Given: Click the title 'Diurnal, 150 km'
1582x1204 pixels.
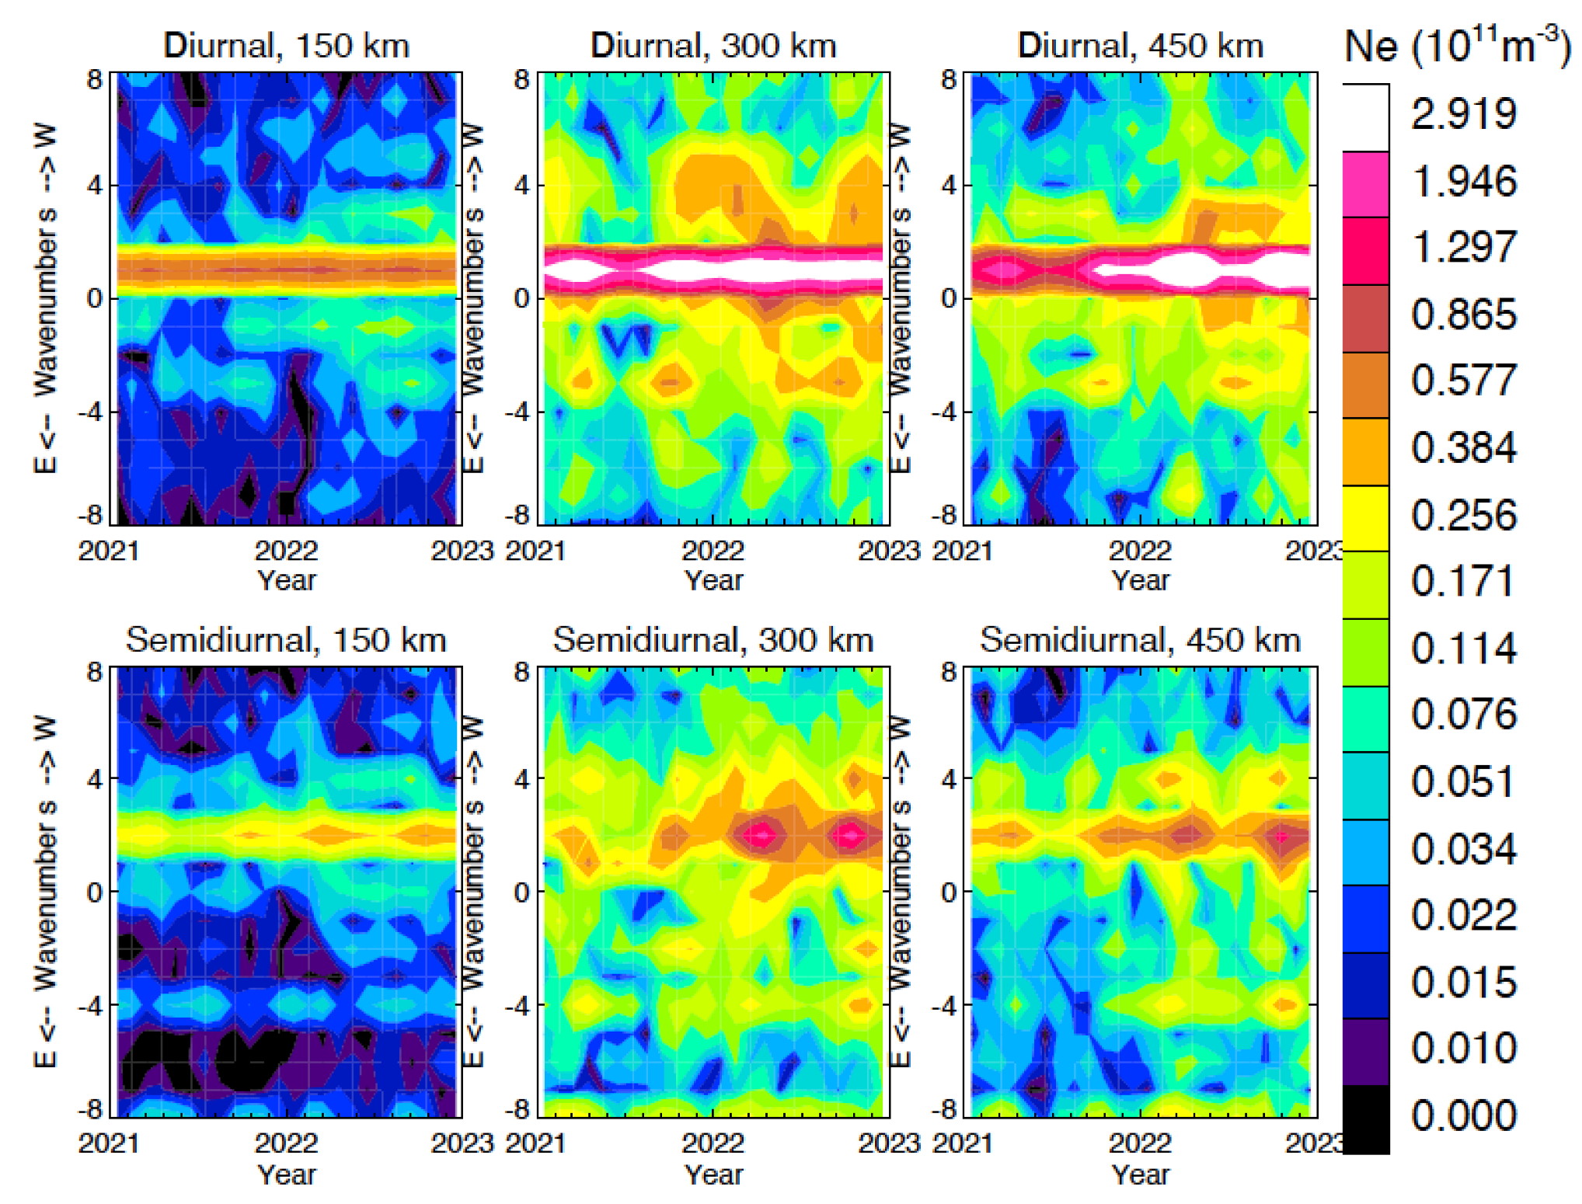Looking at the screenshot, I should pyautogui.click(x=286, y=45).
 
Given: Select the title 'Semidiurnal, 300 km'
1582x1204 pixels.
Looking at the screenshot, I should pyautogui.click(x=713, y=640).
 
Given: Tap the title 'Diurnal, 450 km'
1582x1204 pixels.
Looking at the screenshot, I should pyautogui.click(x=1140, y=45).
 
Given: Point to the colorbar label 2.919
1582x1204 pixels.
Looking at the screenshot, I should pyautogui.click(x=1463, y=114).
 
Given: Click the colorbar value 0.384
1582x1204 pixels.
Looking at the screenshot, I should pyautogui.click(x=1463, y=448).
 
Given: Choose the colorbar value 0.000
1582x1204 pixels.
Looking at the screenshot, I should pyautogui.click(x=1463, y=1115).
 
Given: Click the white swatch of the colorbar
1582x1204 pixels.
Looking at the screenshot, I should pyautogui.click(x=1365, y=117).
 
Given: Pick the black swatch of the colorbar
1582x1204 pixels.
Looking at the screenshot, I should pyautogui.click(x=1365, y=1119).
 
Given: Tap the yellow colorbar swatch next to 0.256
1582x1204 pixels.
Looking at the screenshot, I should pyautogui.click(x=1365, y=518).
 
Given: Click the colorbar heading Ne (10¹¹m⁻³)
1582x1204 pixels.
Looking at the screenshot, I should pyautogui.click(x=1457, y=47).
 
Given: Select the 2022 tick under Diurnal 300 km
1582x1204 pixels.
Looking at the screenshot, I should pyautogui.click(x=713, y=551).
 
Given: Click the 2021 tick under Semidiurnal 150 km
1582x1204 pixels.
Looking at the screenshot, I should pyautogui.click(x=108, y=1143).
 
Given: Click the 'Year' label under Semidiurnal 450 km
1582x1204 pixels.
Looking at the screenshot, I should pyautogui.click(x=1140, y=1174).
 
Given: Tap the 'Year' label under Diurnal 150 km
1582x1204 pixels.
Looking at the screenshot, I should pyautogui.click(x=286, y=580).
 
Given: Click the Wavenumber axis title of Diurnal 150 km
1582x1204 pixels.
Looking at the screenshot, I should pyautogui.click(x=45, y=298).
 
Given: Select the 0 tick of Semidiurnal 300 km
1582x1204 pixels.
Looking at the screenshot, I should pyautogui.click(x=522, y=892).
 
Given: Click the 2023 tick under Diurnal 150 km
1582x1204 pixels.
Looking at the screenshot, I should pyautogui.click(x=462, y=551).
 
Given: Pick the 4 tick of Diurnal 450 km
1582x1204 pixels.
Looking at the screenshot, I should pyautogui.click(x=949, y=186).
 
